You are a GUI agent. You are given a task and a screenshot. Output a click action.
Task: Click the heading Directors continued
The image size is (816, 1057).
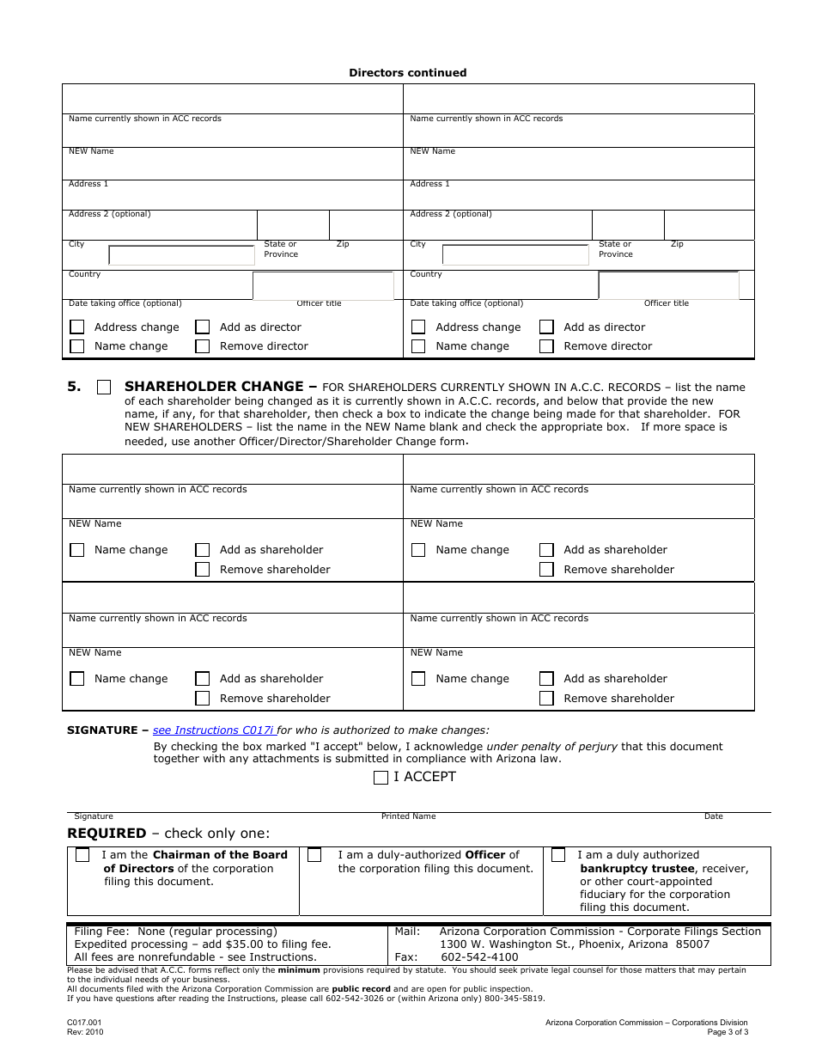pyautogui.click(x=407, y=73)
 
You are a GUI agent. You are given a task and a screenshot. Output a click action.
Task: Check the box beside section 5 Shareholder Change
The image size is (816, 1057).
pyautogui.click(x=104, y=388)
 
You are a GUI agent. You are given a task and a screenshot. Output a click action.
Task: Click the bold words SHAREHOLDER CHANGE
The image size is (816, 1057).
pyautogui.click(x=214, y=387)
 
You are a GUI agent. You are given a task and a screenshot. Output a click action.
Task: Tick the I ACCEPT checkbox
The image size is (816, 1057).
pyautogui.click(x=381, y=778)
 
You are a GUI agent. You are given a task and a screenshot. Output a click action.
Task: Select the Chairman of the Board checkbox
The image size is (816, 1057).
pyautogui.click(x=82, y=855)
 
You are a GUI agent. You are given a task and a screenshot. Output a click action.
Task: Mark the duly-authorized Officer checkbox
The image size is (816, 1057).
pyautogui.click(x=314, y=855)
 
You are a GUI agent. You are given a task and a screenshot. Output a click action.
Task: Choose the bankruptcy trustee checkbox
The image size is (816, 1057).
pyautogui.click(x=558, y=855)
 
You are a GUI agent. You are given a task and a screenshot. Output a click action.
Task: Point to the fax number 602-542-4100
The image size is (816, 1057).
pyautogui.click(x=479, y=957)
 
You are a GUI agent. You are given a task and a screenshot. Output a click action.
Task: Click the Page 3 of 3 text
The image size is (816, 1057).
pyautogui.click(x=728, y=1032)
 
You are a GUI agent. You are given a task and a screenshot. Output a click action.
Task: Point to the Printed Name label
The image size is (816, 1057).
pyautogui.click(x=408, y=816)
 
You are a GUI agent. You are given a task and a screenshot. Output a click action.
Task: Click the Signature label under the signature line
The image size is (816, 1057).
pyautogui.click(x=94, y=816)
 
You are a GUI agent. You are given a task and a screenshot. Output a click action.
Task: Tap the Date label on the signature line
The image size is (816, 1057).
pyautogui.click(x=713, y=816)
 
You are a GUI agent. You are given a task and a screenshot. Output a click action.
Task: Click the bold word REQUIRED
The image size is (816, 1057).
pyautogui.click(x=107, y=834)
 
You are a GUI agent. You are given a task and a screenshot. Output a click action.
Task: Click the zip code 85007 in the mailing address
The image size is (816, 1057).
pyautogui.click(x=692, y=944)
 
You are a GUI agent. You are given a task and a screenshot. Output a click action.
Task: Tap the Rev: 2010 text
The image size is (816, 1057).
pyautogui.click(x=85, y=1032)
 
